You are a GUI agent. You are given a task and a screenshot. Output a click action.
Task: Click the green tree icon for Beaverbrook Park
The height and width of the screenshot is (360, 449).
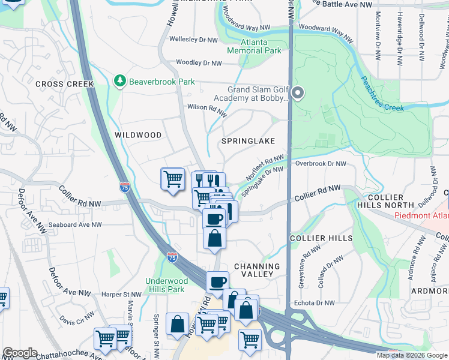[120, 80]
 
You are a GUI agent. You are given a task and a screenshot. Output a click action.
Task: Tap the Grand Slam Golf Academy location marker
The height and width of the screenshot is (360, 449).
[299, 93]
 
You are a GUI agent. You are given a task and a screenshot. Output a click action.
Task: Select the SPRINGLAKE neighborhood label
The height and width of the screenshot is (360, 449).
[248, 141]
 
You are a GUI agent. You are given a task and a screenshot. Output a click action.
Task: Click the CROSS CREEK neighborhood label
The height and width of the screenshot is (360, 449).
[64, 84]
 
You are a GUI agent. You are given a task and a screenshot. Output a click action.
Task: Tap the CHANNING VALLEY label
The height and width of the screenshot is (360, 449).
[257, 270]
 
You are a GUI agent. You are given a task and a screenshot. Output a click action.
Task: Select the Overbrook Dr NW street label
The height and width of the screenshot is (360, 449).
[321, 163]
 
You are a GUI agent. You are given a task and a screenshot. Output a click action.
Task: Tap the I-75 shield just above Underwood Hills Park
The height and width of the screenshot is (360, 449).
[172, 257]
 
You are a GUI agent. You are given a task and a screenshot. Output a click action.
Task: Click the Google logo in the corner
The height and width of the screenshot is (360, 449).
[20, 353]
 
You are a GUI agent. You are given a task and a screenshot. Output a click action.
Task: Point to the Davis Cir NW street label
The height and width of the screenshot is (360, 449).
[76, 319]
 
